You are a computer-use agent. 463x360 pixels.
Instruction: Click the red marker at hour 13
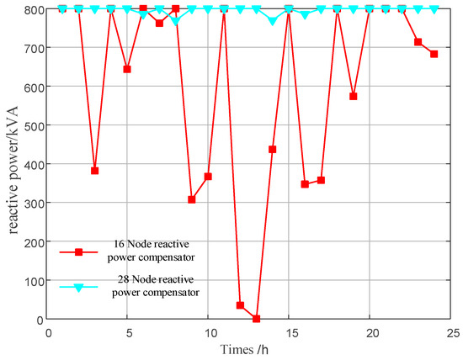click(x=257, y=319)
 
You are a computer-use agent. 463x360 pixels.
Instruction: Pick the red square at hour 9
click(x=192, y=199)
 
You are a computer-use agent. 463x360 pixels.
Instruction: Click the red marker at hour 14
click(x=273, y=150)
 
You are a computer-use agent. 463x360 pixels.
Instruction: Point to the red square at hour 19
click(x=354, y=97)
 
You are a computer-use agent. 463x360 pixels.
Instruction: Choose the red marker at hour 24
click(x=434, y=54)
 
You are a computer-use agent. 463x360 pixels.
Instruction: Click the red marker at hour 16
click(x=305, y=184)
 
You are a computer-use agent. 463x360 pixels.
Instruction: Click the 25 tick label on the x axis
click(x=450, y=332)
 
